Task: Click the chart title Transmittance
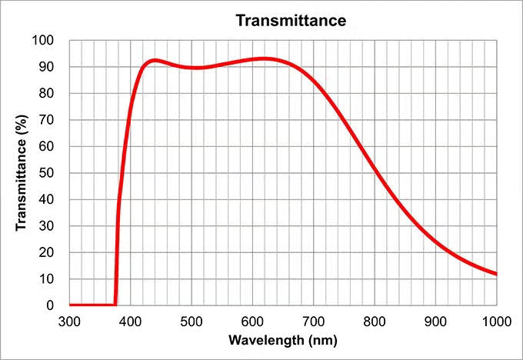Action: coord(291,20)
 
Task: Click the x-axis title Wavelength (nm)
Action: coord(283,341)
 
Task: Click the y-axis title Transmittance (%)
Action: coord(21,172)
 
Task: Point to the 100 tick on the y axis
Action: coord(43,40)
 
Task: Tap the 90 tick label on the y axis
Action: coord(46,67)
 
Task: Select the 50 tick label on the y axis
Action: coord(46,173)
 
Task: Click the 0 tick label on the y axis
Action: coord(50,305)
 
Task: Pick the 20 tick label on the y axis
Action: coord(46,252)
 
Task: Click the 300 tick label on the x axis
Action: coord(69,322)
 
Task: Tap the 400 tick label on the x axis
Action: coord(131,322)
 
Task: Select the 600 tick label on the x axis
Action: coord(252,322)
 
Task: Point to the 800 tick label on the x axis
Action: coord(375,322)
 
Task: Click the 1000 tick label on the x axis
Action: coord(497,322)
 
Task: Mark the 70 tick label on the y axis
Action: coord(46,120)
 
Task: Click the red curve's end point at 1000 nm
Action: coord(496,274)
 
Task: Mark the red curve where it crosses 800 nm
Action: coord(375,168)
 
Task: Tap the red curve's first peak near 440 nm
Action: coord(155,61)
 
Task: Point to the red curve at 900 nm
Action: coord(435,241)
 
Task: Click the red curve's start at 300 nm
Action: coord(70,305)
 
